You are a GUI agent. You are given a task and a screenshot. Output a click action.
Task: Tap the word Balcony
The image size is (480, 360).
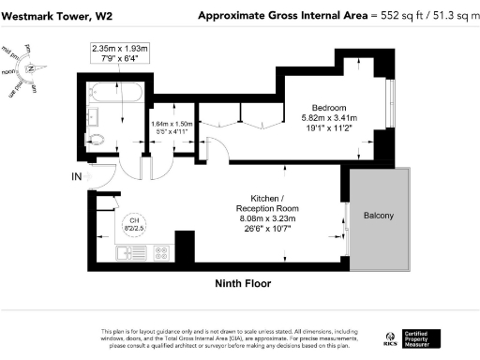pyautogui.click(x=379, y=217)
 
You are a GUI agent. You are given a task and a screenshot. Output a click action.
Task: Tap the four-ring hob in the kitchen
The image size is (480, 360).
pyautogui.click(x=158, y=251)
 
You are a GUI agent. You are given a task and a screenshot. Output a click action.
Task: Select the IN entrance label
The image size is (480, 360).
pyautogui.click(x=76, y=176)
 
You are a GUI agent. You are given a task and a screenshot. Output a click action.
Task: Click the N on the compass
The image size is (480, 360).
pyautogui.click(x=31, y=67)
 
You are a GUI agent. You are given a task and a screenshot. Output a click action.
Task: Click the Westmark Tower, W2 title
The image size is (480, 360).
pyautogui.click(x=52, y=16)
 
